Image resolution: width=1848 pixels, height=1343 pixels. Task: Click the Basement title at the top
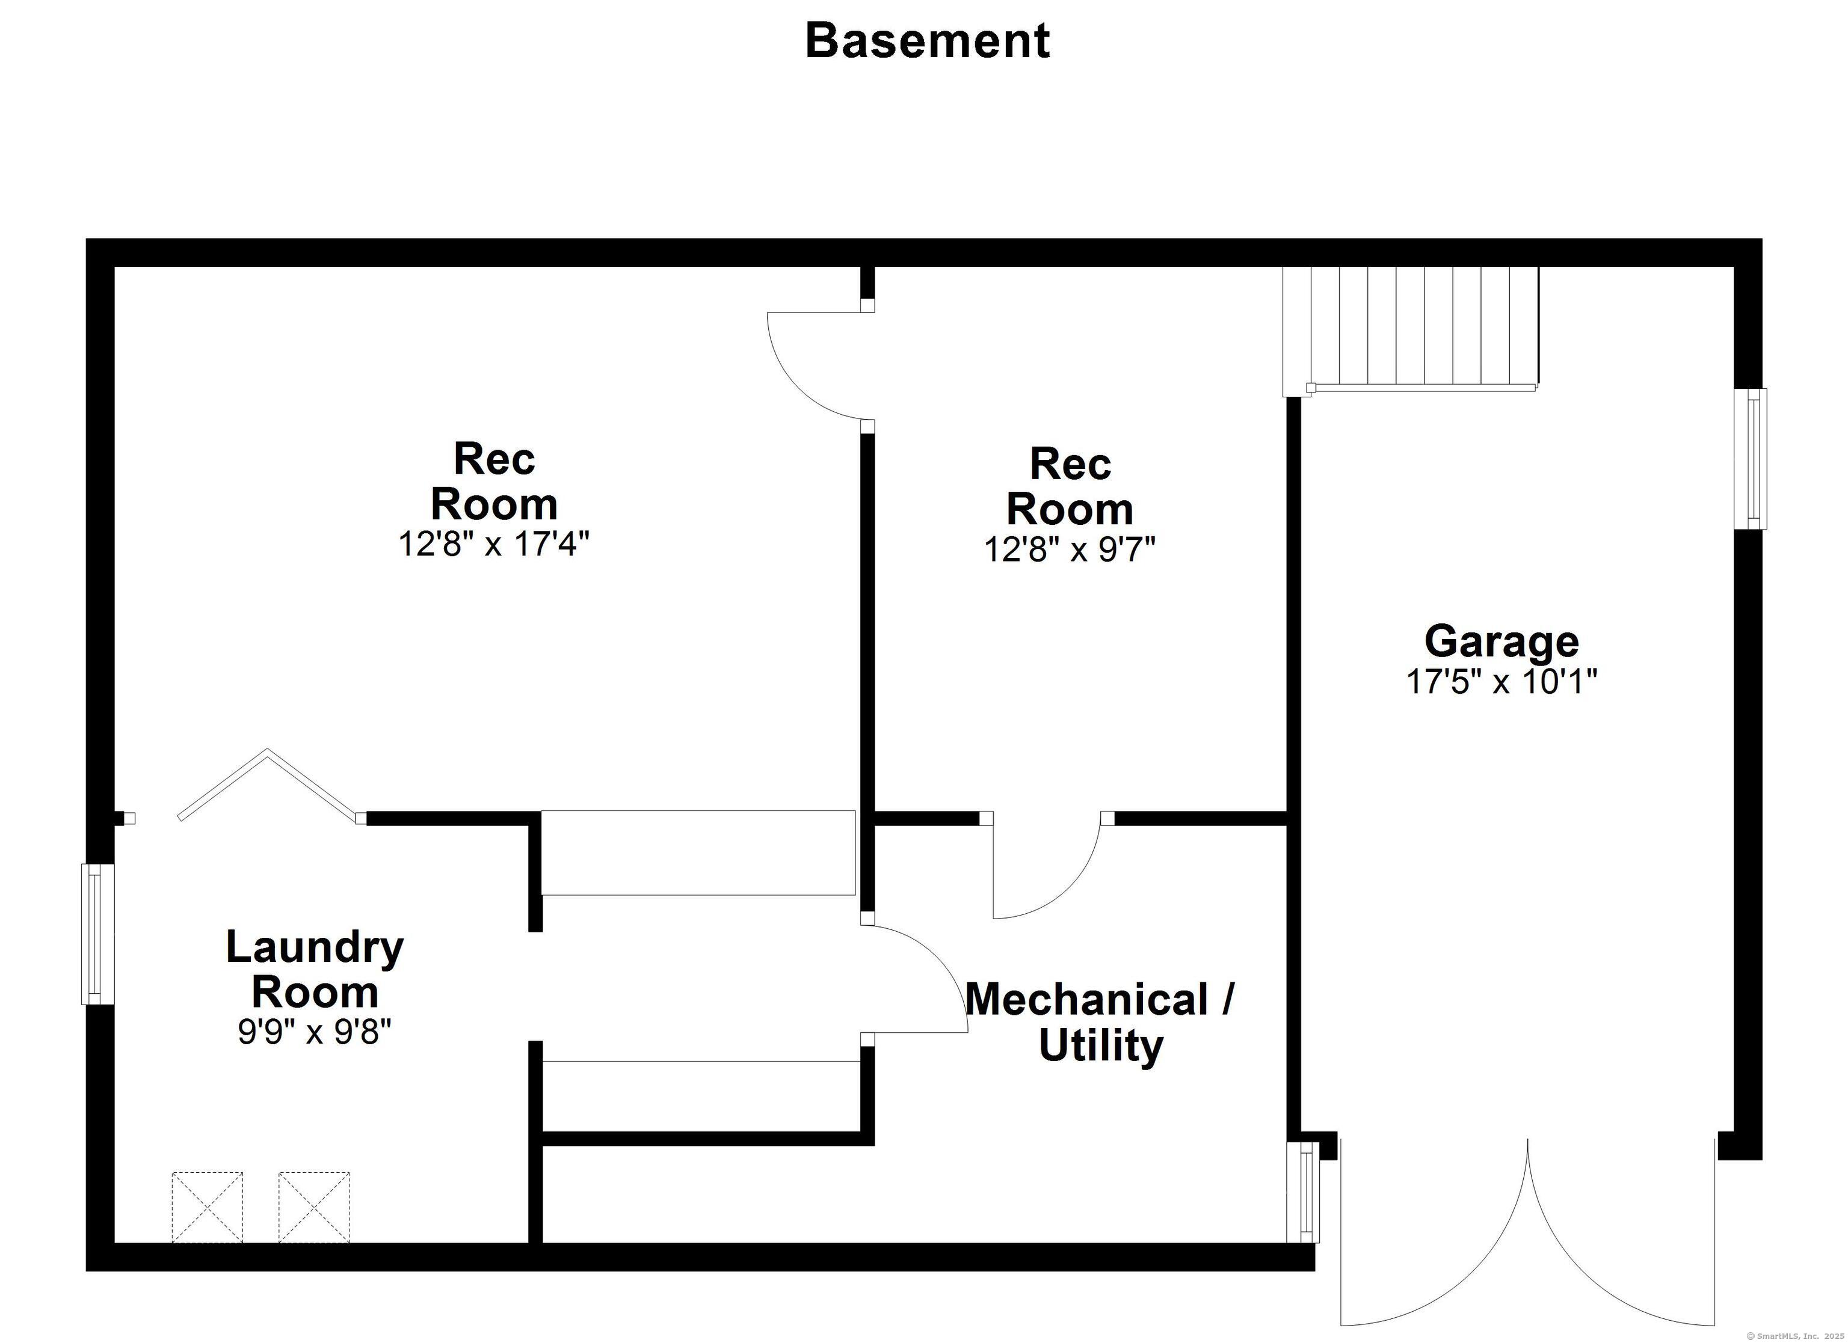[x=927, y=41]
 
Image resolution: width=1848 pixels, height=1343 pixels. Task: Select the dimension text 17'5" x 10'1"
[x=1501, y=682]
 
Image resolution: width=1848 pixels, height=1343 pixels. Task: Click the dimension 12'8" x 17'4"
[x=493, y=544]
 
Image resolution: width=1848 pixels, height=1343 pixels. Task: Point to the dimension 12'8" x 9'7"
[x=1069, y=549]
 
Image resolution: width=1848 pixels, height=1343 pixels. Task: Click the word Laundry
[x=315, y=947]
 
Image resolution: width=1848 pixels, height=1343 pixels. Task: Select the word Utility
[x=1101, y=1046]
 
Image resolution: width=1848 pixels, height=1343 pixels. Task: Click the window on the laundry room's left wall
[x=97, y=934]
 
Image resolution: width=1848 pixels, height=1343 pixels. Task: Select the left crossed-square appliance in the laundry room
[x=207, y=1207]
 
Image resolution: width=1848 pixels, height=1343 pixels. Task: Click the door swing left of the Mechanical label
[x=917, y=977]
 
